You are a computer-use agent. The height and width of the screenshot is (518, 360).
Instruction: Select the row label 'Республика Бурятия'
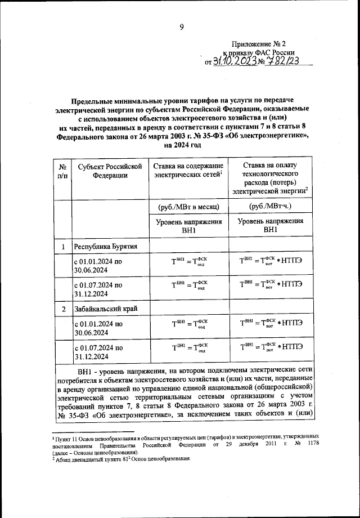pyautogui.click(x=107, y=247)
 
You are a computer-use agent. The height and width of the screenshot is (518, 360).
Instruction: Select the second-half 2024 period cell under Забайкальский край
pyautogui.click(x=99, y=352)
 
